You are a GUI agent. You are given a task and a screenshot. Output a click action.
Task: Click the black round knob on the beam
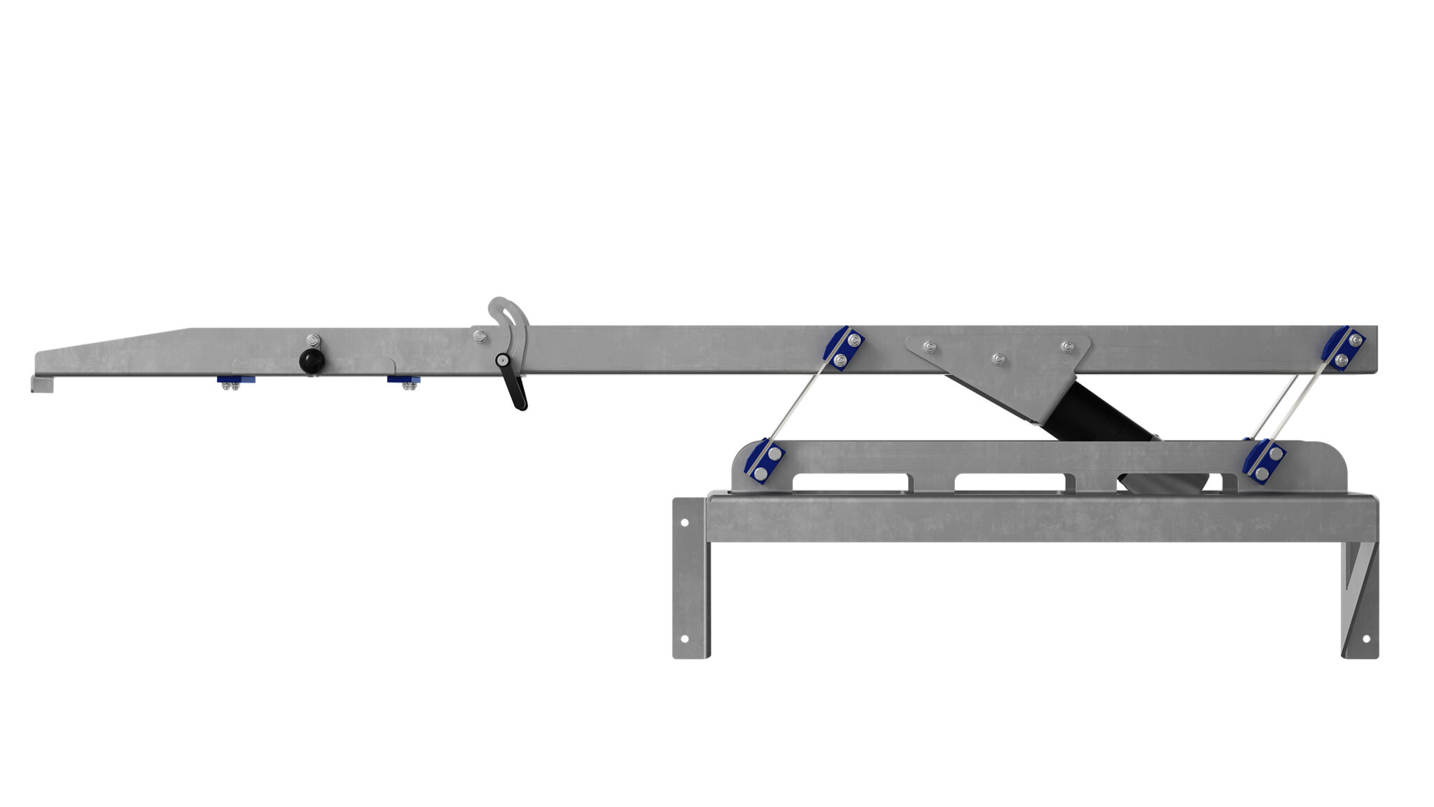pyautogui.click(x=309, y=361)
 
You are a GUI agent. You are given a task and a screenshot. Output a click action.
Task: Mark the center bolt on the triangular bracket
pyautogui.click(x=997, y=358)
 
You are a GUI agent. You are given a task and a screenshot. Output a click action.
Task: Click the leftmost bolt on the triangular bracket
pyautogui.click(x=928, y=345)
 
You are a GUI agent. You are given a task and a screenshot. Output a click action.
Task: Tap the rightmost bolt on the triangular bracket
pyautogui.click(x=1066, y=346)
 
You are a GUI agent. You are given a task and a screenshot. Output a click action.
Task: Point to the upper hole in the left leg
pyautogui.click(x=684, y=523)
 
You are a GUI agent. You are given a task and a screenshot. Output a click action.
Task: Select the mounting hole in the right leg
pyautogui.click(x=1360, y=639)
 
